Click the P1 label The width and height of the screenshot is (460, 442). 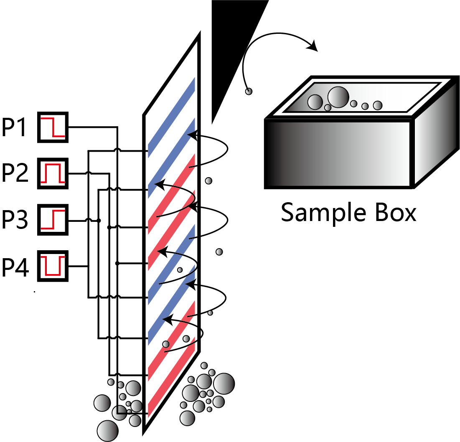click(15, 127)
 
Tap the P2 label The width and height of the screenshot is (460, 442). click(15, 173)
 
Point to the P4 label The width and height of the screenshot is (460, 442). click(15, 266)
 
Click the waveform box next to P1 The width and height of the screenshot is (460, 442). click(53, 127)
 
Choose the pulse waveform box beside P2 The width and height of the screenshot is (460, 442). click(53, 173)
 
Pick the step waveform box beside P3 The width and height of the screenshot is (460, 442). click(53, 220)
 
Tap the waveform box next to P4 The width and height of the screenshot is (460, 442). click(53, 266)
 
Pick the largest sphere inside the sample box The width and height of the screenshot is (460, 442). click(338, 97)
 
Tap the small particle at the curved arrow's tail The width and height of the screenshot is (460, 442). click(249, 91)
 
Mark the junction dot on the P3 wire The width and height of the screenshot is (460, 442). click(99, 221)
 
